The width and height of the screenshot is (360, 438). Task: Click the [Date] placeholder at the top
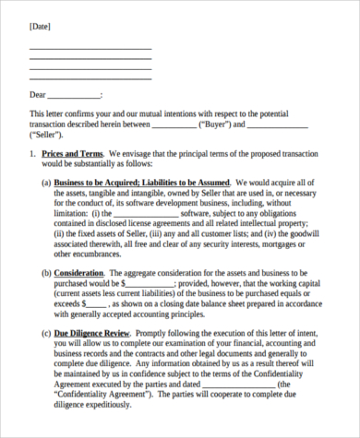pos(40,28)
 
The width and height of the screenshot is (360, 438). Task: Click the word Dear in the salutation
pos(38,94)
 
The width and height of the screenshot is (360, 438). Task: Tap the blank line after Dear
pos(74,96)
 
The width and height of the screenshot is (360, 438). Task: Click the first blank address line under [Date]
pos(90,48)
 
